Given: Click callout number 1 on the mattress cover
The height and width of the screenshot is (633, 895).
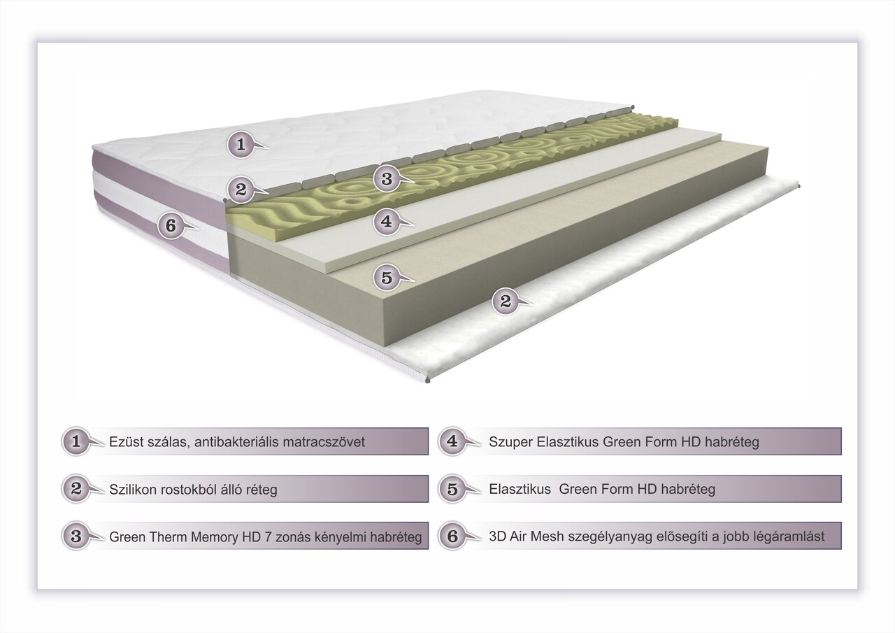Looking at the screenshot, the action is tap(241, 144).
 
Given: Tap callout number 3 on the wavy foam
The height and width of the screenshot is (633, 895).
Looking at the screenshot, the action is tap(387, 178).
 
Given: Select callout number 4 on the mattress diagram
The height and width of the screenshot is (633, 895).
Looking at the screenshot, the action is tap(387, 221).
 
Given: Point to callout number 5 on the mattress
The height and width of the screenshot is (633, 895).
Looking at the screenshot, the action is tap(387, 278).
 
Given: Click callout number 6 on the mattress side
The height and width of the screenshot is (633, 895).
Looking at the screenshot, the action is tap(171, 226).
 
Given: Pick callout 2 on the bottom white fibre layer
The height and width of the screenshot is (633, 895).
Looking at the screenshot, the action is tap(506, 301).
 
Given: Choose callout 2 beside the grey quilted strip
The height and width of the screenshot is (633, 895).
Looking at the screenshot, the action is tap(241, 190).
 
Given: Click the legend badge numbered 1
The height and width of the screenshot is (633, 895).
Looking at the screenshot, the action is tap(76, 441).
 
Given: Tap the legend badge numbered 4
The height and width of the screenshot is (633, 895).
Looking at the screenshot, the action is tap(452, 441).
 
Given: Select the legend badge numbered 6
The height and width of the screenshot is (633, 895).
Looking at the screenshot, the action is tap(452, 536).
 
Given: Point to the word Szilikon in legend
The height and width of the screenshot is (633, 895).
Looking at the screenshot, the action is tap(133, 490).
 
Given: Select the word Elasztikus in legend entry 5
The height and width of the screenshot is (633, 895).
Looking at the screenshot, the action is tap(520, 489).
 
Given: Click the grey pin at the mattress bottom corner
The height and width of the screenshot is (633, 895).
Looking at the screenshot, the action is tap(428, 380).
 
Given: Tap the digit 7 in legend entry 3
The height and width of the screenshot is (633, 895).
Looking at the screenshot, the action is tap(268, 537).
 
